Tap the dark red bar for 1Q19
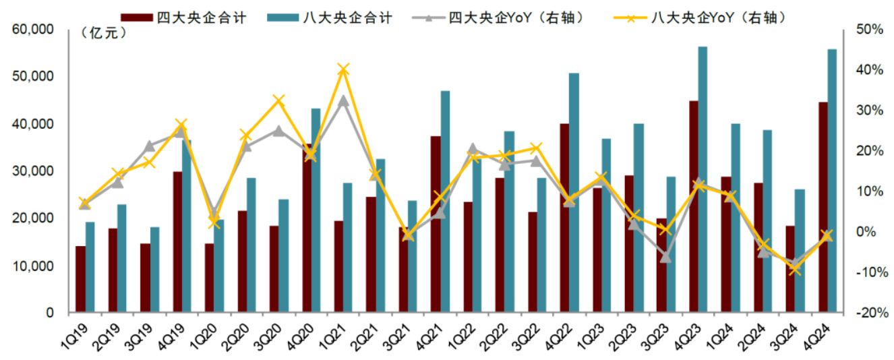pyautogui.click(x=80, y=279)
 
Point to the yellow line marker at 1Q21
pyautogui.click(x=343, y=69)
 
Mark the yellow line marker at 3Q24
pyautogui.click(x=795, y=270)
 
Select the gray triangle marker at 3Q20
pyautogui.click(x=278, y=131)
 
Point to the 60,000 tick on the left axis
pyautogui.click(x=33, y=30)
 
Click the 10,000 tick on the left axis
pyautogui.click(x=33, y=266)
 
